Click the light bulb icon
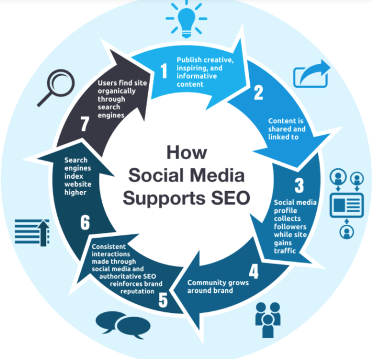[186, 18]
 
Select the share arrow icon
[311, 74]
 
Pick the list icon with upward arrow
[32, 232]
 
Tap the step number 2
[259, 93]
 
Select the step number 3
[299, 186]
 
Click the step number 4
[253, 271]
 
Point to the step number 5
[163, 300]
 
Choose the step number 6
[85, 223]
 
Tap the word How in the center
[186, 153]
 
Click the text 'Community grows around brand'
[210, 286]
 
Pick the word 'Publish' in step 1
[189, 59]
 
